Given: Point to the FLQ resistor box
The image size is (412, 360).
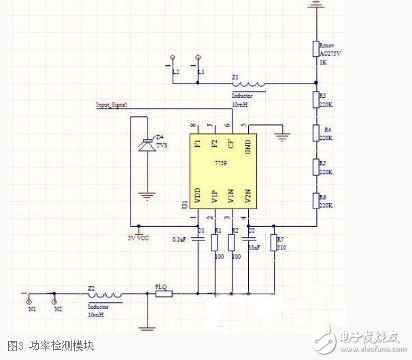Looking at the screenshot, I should coord(163,293).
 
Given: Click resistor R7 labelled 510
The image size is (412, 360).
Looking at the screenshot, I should coord(273,243).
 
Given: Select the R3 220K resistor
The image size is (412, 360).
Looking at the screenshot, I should coord(315,101).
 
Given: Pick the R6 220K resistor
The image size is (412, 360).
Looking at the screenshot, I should coord(315,201).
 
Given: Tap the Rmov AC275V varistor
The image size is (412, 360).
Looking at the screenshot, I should coord(315,49).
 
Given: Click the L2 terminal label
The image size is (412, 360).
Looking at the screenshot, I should coord(175,71).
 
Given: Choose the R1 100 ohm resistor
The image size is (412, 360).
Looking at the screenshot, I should coord(215,243).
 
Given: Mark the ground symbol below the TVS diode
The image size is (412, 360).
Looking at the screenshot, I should coord(145,198).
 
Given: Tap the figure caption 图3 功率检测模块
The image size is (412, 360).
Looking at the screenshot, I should coord(51,346).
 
